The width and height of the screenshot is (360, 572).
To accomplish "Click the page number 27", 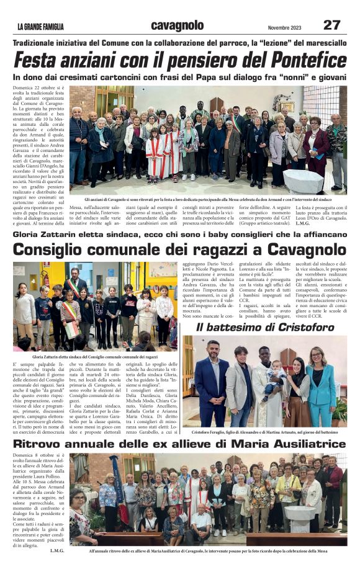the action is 331,25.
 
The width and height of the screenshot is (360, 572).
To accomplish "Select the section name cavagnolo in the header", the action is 177,25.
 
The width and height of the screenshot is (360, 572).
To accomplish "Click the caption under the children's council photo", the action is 95,358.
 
